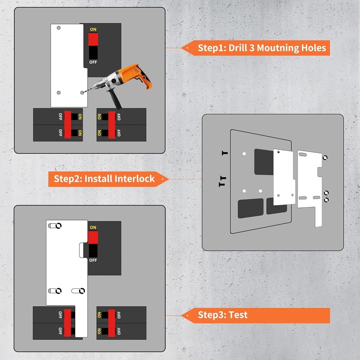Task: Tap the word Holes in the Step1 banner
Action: click(x=313, y=48)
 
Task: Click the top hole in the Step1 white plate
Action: click(x=59, y=28)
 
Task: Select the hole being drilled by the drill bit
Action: click(x=82, y=93)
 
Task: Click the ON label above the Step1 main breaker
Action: click(x=93, y=29)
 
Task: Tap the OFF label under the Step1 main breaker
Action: click(x=93, y=62)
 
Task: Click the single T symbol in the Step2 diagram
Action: click(x=225, y=153)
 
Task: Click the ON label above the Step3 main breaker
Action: click(x=93, y=227)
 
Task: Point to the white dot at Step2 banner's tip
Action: click(x=162, y=179)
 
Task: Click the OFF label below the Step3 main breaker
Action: click(x=93, y=260)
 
